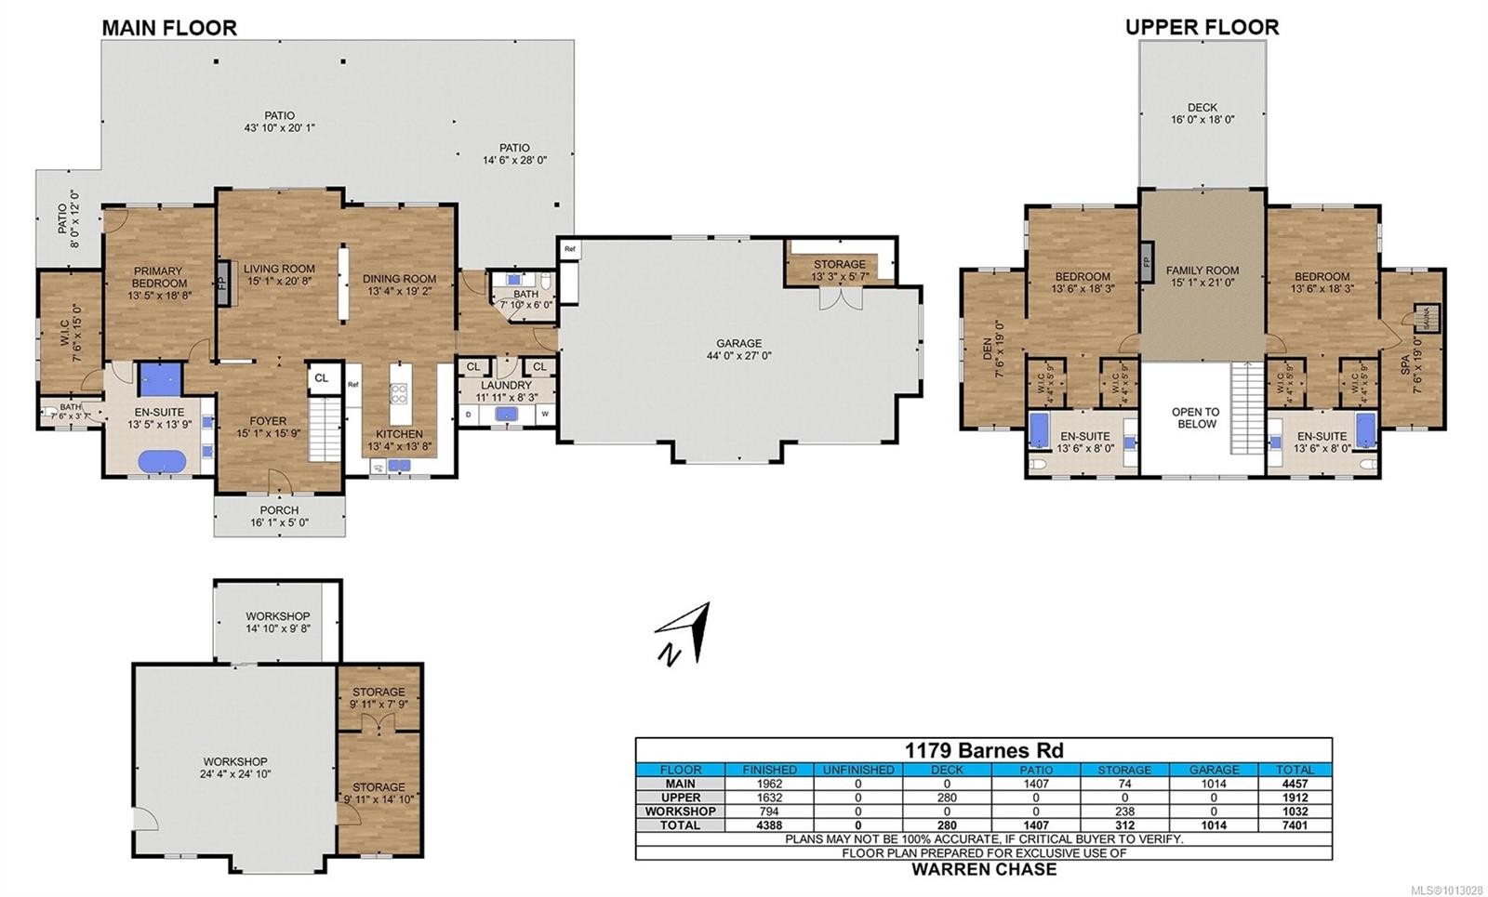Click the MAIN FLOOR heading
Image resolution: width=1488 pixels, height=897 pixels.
pos(169,28)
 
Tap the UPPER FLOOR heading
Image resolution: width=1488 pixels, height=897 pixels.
pos(1202,27)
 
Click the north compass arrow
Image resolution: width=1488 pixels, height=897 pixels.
pos(684,635)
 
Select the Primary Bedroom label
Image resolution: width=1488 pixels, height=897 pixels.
pos(158,283)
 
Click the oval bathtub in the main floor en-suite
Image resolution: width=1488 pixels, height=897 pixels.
pos(162,461)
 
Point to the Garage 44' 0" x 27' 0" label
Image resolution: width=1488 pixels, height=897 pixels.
pos(738,350)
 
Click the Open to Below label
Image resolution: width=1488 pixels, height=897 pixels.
pos(1196,417)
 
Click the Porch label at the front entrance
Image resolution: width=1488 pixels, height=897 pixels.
pos(279,516)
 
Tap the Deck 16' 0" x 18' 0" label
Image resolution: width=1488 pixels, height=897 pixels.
pos(1202,113)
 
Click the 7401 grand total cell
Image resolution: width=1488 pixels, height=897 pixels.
pos(1295,824)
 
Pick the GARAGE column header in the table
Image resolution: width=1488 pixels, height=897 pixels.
pos(1214,770)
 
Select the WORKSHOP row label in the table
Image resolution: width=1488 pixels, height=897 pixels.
pos(680,811)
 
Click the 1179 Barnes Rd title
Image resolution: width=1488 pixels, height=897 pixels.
pos(984,750)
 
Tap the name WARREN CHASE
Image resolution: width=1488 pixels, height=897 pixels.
pos(984,869)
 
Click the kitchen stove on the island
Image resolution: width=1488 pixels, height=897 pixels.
pos(398,393)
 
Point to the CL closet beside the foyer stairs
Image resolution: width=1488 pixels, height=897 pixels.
pos(322,378)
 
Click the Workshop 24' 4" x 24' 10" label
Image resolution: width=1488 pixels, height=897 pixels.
pos(235,767)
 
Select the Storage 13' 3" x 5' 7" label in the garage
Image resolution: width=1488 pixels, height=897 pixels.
pos(839,270)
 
